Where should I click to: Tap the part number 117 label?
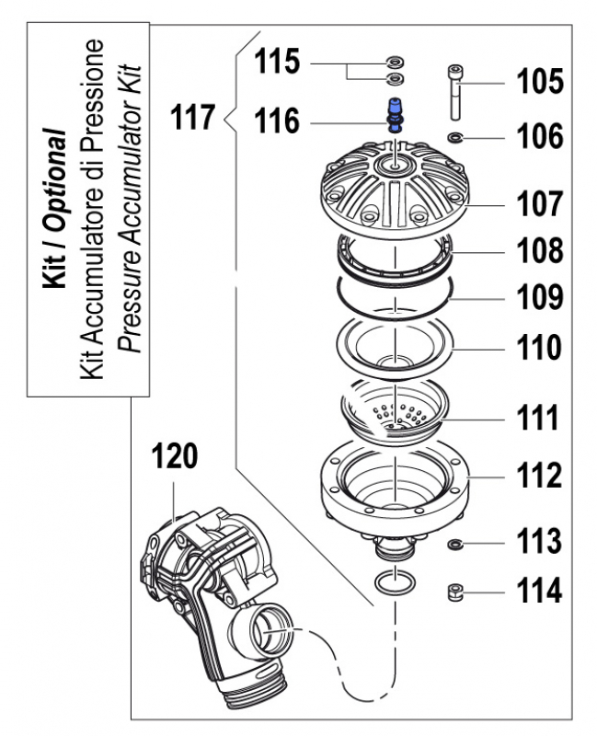(193, 118)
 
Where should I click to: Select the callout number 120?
(175, 457)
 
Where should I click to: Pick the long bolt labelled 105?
(455, 92)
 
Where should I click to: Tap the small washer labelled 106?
(455, 138)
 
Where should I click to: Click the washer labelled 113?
(454, 545)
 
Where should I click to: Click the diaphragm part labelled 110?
(394, 348)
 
